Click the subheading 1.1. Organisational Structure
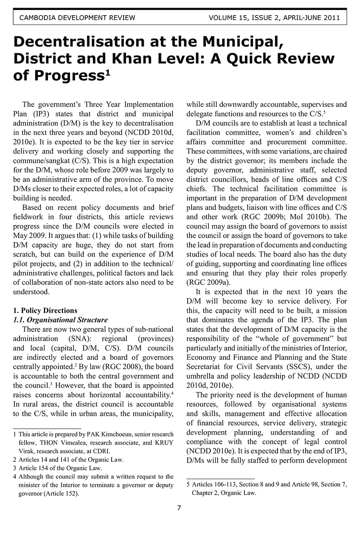click(x=60, y=320)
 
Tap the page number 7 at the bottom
click(x=179, y=508)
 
